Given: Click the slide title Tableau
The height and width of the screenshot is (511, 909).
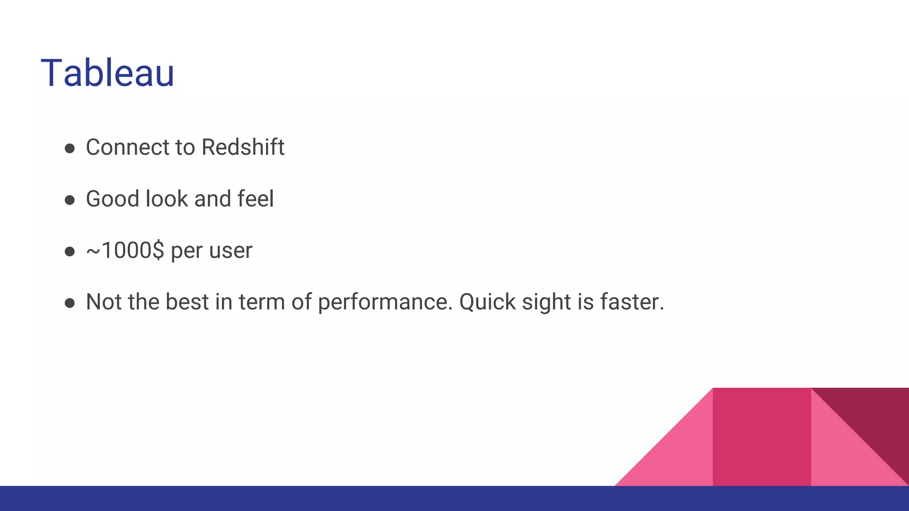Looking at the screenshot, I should coord(107,73).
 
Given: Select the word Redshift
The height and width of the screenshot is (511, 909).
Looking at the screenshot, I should coord(243,147).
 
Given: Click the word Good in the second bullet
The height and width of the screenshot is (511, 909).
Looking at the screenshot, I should coord(112,199).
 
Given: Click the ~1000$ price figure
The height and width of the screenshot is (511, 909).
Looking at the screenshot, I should coord(125,251).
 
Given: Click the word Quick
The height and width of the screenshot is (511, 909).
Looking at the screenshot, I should coord(487,303).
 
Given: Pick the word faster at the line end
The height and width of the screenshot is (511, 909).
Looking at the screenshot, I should coord(632,302).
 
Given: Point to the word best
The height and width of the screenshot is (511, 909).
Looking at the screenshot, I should coord(187,302).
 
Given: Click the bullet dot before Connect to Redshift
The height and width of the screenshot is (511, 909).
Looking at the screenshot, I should coord(70,148).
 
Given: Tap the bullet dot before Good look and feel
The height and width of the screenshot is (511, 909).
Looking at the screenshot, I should coord(70,200).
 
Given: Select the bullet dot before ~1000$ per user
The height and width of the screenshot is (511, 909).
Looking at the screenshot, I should coord(70,252).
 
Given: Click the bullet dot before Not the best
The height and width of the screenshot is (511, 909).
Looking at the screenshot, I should coord(70,303).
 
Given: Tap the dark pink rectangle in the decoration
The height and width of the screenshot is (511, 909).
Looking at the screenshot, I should coord(762,437).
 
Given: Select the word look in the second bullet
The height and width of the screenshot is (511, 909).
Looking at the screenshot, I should coord(167,199).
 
